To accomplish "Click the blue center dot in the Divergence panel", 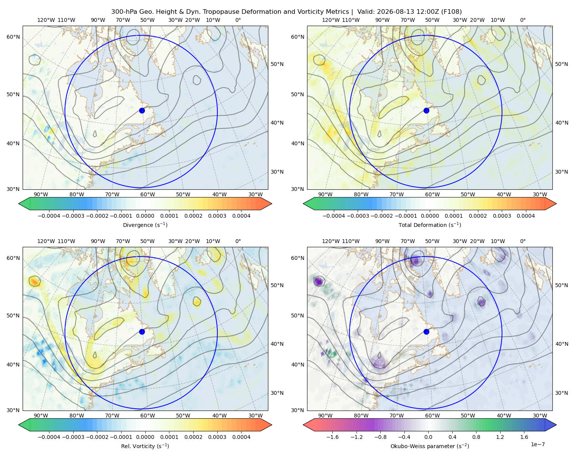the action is (142, 110).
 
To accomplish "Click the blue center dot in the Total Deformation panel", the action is (426, 110).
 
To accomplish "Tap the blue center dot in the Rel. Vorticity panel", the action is (142, 332).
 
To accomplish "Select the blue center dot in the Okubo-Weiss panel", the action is (426, 332).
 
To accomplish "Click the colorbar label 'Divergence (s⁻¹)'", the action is (145, 225).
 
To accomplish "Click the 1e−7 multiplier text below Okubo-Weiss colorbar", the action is (537, 444).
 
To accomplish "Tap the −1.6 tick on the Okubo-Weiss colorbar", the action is (332, 437).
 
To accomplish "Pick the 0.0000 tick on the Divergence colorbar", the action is (145, 216).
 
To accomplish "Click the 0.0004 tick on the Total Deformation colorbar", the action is (526, 216).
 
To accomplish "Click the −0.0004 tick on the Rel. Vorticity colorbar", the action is (49, 437).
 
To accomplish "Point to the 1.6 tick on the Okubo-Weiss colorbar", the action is (524, 437).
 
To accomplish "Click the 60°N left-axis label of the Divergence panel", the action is (13, 37).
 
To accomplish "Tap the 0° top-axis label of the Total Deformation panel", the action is (522, 20).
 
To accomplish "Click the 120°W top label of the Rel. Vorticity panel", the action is (46, 241).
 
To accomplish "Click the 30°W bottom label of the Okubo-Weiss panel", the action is (540, 416).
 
